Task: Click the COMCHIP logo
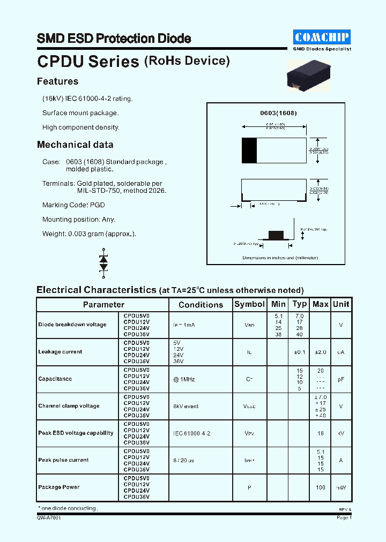(x=322, y=37)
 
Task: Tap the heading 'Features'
(x=57, y=81)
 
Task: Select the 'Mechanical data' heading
(x=75, y=145)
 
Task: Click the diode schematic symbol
(x=103, y=262)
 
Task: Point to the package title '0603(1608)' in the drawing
(x=278, y=113)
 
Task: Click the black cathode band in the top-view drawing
(x=249, y=150)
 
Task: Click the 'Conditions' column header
(x=201, y=305)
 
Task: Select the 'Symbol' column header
(x=249, y=304)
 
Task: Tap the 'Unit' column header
(x=341, y=304)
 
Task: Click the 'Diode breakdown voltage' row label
(x=72, y=325)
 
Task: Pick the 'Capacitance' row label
(x=55, y=379)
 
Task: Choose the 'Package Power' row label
(x=59, y=487)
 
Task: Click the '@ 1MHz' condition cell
(x=184, y=379)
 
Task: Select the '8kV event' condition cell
(x=185, y=406)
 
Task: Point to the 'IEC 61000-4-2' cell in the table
(x=191, y=433)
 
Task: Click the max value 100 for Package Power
(x=321, y=487)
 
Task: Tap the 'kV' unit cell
(x=341, y=433)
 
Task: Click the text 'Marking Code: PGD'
(x=73, y=205)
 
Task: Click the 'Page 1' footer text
(x=344, y=518)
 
